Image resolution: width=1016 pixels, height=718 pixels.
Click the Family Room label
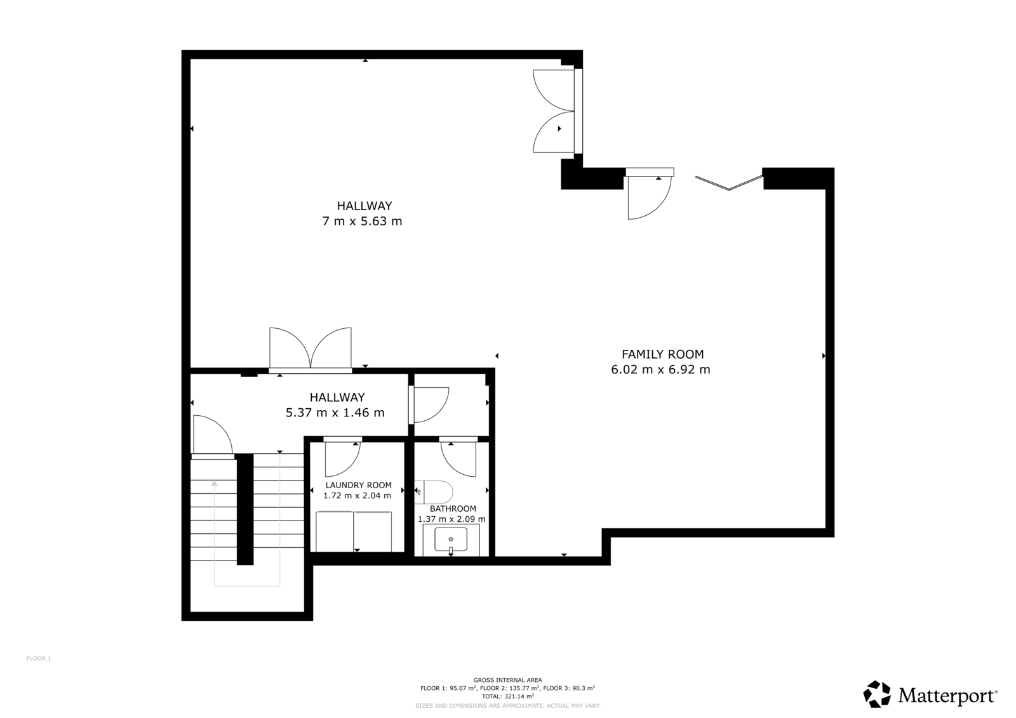pos(662,354)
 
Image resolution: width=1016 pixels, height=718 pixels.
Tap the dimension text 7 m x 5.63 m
pos(362,222)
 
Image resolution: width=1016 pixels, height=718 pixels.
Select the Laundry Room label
pos(358,485)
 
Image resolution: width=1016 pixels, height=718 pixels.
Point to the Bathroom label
pos(453,509)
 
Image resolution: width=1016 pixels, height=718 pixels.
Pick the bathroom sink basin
pos(451,540)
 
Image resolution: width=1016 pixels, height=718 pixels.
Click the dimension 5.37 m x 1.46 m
pos(335,413)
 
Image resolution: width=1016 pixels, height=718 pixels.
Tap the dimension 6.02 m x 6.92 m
pos(660,369)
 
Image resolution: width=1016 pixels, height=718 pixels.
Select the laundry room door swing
pos(342,459)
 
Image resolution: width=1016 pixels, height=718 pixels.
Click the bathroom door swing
pos(458,459)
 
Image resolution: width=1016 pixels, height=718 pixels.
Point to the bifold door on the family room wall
pos(729,182)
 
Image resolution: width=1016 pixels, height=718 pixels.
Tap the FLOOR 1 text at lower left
pos(39,658)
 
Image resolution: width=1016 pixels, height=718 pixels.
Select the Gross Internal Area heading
pos(507,680)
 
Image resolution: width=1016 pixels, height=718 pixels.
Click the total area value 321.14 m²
pos(518,696)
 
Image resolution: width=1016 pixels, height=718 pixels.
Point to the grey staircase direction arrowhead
pos(214,484)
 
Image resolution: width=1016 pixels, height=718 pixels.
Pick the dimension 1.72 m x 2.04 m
pos(357,496)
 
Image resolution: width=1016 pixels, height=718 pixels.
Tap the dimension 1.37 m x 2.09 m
pos(451,519)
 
